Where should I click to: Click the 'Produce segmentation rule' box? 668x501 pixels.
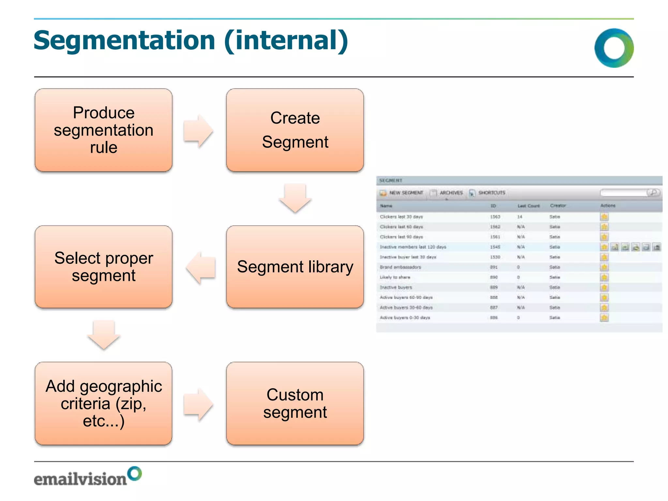click(x=103, y=130)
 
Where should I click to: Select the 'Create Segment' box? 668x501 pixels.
click(x=295, y=130)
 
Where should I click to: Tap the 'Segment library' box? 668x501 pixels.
click(x=295, y=267)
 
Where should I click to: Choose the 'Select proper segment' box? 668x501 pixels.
click(x=103, y=267)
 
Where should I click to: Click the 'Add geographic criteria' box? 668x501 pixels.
click(x=103, y=403)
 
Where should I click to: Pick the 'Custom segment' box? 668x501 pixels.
click(x=295, y=403)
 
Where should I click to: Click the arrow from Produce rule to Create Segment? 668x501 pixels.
click(x=198, y=131)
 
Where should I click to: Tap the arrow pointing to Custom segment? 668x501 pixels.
click(x=198, y=404)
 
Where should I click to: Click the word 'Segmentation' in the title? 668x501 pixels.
click(x=124, y=40)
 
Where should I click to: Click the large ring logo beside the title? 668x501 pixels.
click(x=614, y=48)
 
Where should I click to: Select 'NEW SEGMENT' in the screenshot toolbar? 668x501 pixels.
click(x=406, y=193)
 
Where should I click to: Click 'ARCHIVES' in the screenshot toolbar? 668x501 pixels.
click(x=451, y=193)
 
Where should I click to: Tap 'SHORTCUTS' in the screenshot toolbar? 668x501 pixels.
click(x=492, y=193)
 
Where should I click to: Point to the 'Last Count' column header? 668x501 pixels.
click(x=528, y=206)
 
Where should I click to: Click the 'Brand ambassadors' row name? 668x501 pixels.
click(x=400, y=267)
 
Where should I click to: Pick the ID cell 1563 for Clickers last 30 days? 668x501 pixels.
click(x=495, y=217)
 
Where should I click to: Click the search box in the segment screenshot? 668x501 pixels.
click(x=624, y=193)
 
